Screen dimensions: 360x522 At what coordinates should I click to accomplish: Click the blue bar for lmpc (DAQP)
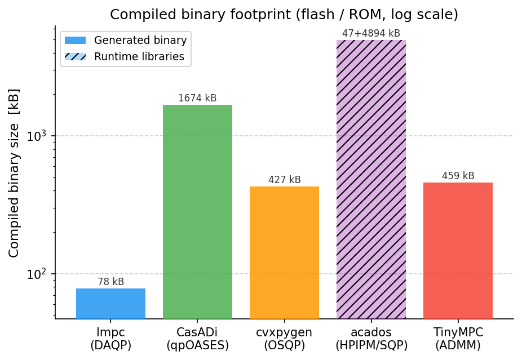point(110,303)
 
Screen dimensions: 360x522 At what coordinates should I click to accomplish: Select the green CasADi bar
point(197,211)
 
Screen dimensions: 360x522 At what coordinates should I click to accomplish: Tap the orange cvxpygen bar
point(284,252)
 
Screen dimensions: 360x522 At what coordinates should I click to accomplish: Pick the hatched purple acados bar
point(371,179)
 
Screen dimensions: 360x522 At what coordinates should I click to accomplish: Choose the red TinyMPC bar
point(458,250)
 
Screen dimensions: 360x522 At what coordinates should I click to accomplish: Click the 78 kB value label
point(110,282)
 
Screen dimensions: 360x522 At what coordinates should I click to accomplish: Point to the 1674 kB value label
point(197,98)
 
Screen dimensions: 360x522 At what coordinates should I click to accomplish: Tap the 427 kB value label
point(284,180)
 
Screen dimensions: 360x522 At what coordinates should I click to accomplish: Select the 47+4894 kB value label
point(371,33)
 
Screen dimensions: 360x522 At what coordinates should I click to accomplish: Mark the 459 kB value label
point(458,176)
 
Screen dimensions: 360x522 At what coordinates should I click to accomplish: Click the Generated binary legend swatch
point(75,41)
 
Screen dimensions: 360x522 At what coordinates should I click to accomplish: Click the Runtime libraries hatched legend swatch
point(75,57)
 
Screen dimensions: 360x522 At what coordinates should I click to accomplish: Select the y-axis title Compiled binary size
point(14,172)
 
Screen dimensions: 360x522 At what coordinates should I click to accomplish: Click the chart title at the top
point(284,15)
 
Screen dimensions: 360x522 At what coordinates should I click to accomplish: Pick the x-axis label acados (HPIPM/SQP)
point(371,339)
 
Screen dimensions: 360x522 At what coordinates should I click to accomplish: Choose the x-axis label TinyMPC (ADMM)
point(458,339)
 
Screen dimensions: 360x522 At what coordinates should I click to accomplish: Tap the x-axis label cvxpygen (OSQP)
point(284,339)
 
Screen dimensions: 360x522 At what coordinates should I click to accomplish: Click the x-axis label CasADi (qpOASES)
point(197,339)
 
